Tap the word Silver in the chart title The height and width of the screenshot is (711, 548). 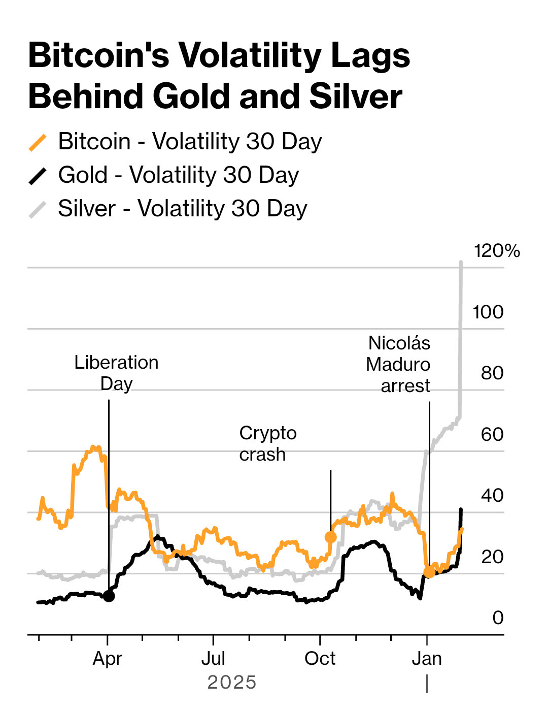(355, 96)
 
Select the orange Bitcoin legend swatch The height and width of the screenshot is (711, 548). (38, 143)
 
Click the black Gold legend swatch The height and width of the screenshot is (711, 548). (38, 176)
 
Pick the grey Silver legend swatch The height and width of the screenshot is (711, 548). (38, 210)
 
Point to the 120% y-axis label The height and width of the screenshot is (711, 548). (496, 251)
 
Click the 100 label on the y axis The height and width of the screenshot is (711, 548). (488, 312)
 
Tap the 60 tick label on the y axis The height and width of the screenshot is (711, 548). (492, 434)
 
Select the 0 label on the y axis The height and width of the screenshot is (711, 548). (498, 618)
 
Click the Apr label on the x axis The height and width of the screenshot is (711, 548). (108, 659)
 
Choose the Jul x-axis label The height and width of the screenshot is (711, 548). (213, 659)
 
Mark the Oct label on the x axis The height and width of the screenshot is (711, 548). (320, 659)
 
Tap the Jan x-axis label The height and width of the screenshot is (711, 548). (427, 659)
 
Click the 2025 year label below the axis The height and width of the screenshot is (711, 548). (232, 683)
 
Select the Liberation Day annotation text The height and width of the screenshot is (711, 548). (116, 373)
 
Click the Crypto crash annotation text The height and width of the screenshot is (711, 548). (267, 443)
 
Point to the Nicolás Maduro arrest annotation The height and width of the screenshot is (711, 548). (398, 364)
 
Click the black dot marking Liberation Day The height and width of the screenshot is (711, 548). (109, 596)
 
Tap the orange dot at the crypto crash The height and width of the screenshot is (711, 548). (330, 537)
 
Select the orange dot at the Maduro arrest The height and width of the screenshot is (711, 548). (429, 572)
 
